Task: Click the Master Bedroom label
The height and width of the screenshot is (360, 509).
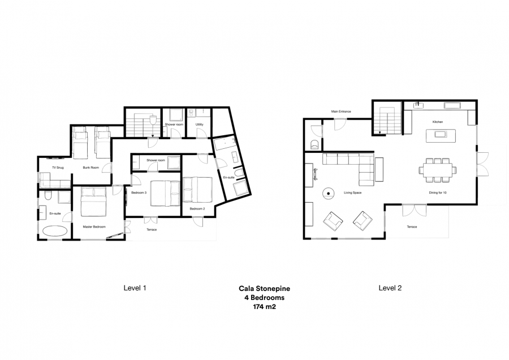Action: (x=94, y=227)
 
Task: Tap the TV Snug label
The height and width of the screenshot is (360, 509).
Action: (x=58, y=168)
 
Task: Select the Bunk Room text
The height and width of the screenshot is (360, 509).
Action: (x=91, y=168)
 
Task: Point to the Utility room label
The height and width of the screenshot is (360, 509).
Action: (x=199, y=125)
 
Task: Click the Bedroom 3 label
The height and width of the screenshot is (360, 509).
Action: (x=139, y=192)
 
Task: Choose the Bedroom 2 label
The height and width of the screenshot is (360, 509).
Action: (x=197, y=209)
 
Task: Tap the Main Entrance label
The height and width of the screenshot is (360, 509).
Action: (x=341, y=112)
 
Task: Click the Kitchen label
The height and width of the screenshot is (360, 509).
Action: (x=438, y=122)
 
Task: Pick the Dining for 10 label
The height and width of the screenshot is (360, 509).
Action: (x=438, y=192)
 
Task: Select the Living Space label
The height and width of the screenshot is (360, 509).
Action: (x=352, y=192)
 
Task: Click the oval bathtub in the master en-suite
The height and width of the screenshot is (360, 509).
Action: (x=55, y=232)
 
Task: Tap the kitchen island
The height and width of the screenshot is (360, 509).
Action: (x=441, y=135)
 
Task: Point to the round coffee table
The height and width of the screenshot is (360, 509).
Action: (x=329, y=194)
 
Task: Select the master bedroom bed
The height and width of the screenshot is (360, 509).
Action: (x=93, y=202)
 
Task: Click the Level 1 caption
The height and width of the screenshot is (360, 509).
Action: (x=135, y=288)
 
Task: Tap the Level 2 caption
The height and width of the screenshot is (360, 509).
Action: (x=390, y=288)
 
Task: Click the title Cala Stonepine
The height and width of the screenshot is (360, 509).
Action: (x=264, y=289)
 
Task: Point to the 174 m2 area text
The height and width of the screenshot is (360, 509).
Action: (x=264, y=307)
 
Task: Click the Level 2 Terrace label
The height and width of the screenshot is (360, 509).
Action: (x=412, y=227)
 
